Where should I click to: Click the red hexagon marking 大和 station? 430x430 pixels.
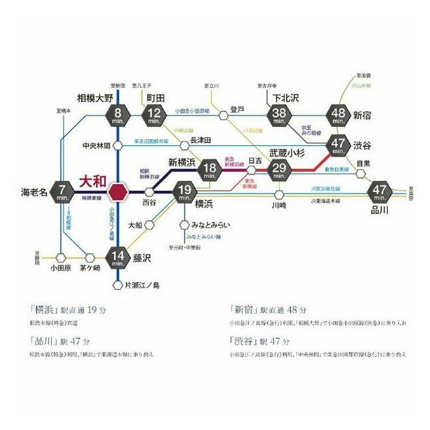tap(118, 191)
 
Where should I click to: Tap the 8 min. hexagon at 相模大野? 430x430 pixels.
tap(118, 116)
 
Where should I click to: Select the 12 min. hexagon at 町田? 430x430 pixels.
tap(156, 116)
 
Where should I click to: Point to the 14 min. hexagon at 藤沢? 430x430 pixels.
tap(118, 257)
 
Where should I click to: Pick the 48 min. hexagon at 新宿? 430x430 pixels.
tap(338, 116)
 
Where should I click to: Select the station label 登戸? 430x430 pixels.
tap(236, 109)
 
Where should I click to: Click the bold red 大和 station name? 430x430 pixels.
tap(93, 180)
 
